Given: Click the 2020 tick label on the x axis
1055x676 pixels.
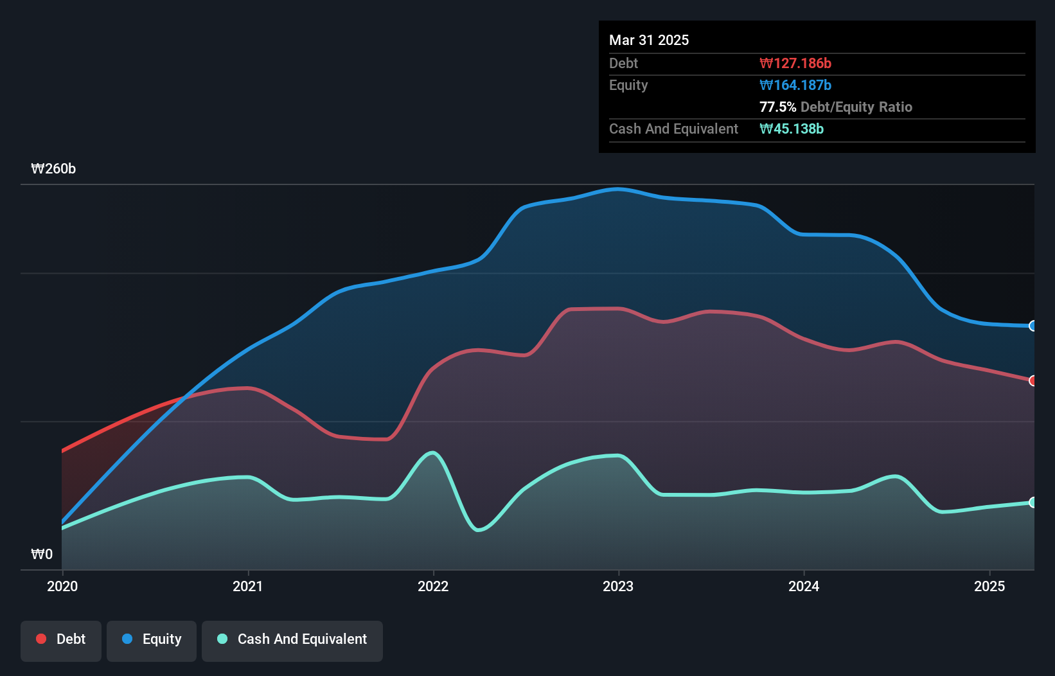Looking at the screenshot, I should click(62, 586).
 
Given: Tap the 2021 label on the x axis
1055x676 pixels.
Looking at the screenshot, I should click(248, 586).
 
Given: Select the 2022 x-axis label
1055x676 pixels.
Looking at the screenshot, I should click(433, 586).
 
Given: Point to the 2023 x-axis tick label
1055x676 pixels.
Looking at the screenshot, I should click(618, 586).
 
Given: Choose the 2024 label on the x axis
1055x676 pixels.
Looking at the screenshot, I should click(804, 586).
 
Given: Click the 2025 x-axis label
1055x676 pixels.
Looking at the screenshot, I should click(989, 586).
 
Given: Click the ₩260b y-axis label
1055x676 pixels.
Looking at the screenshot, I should click(53, 169).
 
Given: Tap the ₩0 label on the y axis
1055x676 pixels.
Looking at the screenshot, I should click(42, 554).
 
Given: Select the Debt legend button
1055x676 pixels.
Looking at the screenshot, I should click(61, 639).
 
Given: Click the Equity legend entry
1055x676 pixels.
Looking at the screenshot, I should click(152, 639).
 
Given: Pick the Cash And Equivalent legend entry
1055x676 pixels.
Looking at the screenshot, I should click(292, 639).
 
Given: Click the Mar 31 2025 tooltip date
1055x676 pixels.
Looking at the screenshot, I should click(649, 40).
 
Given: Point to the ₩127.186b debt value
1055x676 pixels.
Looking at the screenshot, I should click(795, 64).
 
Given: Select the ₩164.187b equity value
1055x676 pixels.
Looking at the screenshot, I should click(795, 85).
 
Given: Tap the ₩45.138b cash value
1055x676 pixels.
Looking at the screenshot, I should click(792, 129).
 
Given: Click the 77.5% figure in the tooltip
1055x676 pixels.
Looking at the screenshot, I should click(777, 107).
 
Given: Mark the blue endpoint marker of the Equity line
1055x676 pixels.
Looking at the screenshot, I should click(1033, 326).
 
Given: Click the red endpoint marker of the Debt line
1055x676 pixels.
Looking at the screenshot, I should click(1033, 381).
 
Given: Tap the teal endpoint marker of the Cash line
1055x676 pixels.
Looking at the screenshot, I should click(1033, 503).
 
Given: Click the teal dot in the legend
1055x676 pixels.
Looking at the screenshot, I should click(222, 639).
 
